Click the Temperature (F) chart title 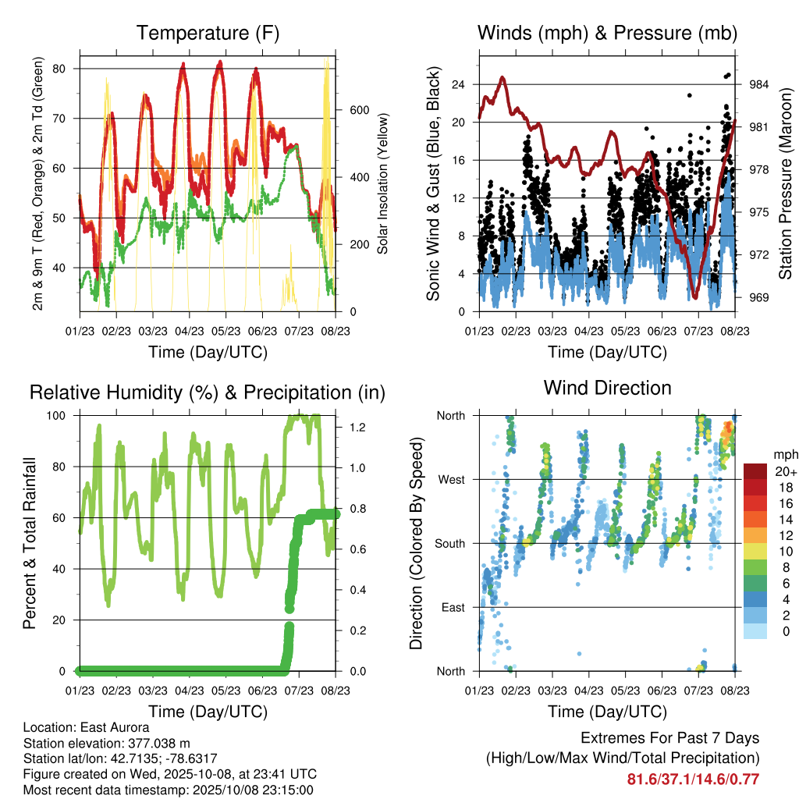pos(208,34)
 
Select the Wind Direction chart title pos(607,388)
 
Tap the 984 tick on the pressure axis pos(759,84)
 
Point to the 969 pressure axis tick pos(759,297)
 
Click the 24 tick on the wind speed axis pos(459,84)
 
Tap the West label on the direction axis pos(451,479)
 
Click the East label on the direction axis pos(453,607)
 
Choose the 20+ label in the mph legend pos(784,472)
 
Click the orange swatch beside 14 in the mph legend pos(755,519)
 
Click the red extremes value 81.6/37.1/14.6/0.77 pos(693,779)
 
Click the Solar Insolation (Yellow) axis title pos(383,183)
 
